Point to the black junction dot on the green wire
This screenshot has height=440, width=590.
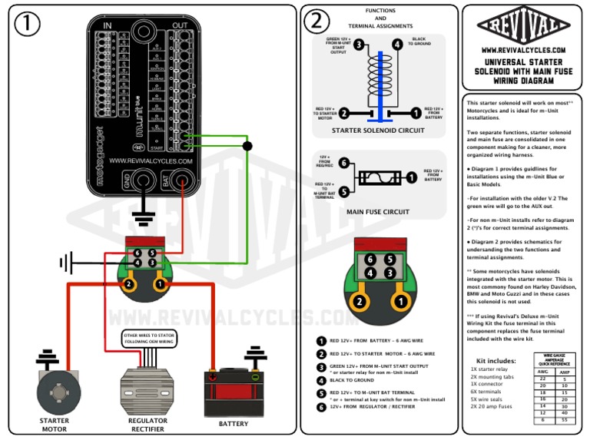pos(247,145)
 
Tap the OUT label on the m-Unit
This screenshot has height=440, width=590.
pos(180,25)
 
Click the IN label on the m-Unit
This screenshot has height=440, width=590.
pos(107,25)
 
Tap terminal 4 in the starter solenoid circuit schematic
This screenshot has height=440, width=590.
pos(396,45)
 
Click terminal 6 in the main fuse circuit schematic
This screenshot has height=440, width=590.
pos(343,163)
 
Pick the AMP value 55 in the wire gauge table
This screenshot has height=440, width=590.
pos(564,421)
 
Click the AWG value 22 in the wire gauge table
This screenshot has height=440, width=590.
pos(543,379)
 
